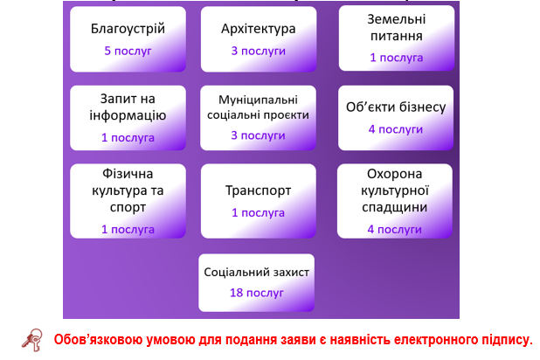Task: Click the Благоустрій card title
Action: coord(128,29)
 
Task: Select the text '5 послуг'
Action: coord(128,51)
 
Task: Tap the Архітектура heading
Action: coord(259,29)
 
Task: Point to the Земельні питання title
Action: coord(397,28)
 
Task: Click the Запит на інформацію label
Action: coord(128,107)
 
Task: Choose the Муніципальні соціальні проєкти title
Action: coord(258,107)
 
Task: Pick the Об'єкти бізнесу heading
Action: coord(396,107)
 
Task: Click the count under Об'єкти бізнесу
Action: coord(396,129)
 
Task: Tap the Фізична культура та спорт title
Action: coord(128,190)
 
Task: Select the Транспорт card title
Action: coord(259,190)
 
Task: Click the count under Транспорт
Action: coord(259,213)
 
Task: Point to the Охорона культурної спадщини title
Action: coord(395,190)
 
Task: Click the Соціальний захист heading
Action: coord(257,272)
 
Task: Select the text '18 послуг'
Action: coord(257,293)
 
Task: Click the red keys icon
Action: coord(32,340)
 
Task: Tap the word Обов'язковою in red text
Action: coord(98,340)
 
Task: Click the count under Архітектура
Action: coord(259,51)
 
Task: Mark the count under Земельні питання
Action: coord(397,58)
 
